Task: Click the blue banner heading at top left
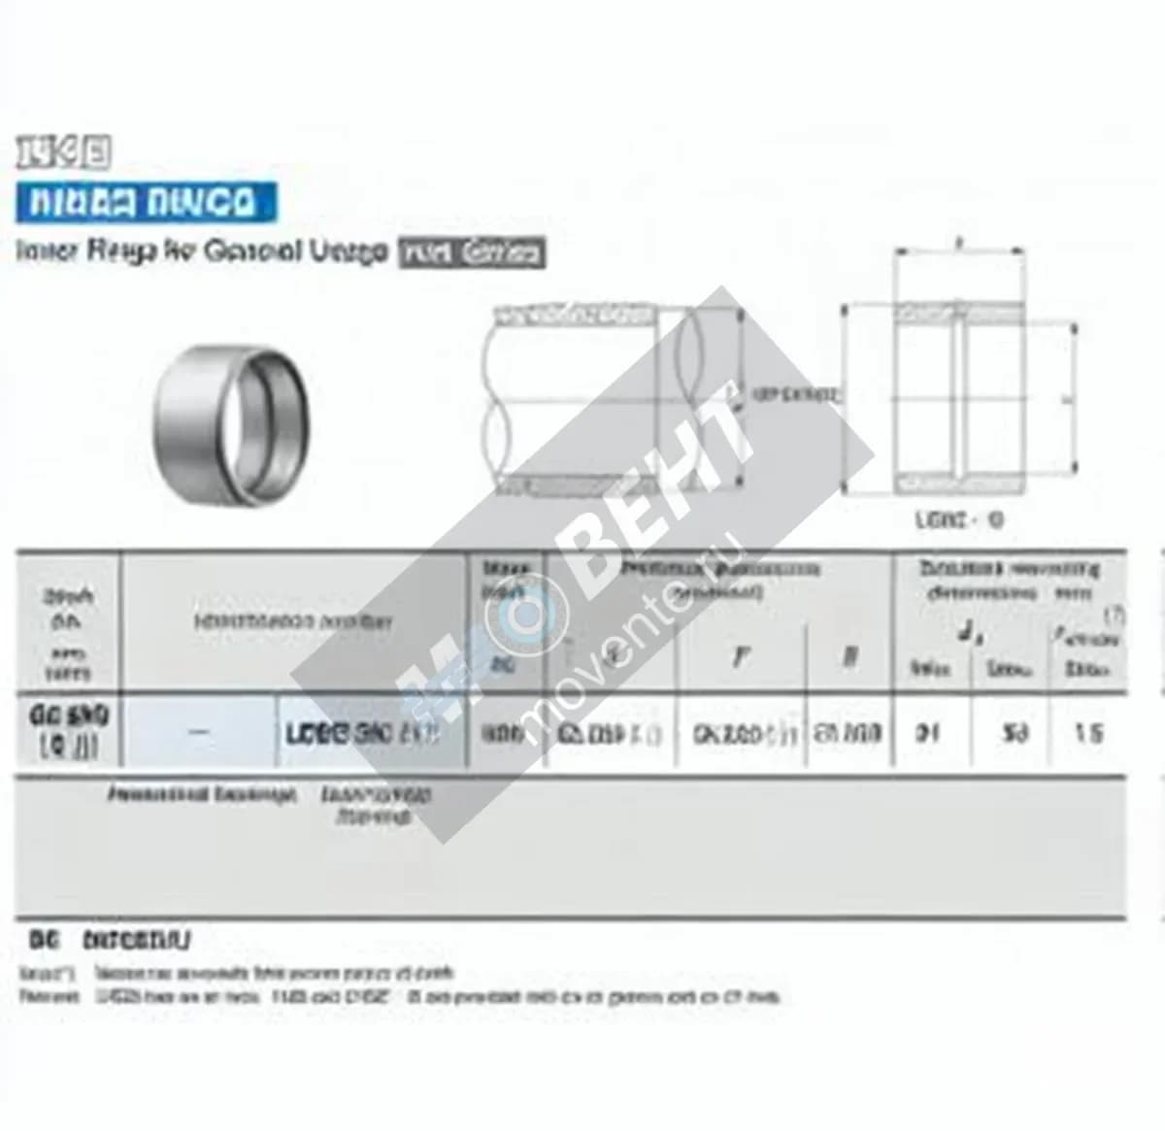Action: pos(146,202)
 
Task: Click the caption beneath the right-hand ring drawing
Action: pos(958,519)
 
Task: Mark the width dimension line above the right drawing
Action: pos(959,250)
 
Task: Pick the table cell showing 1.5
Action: pos(1088,733)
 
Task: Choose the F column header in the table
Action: pos(741,656)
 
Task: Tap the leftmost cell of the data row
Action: pos(68,732)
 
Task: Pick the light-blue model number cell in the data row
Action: pos(364,733)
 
